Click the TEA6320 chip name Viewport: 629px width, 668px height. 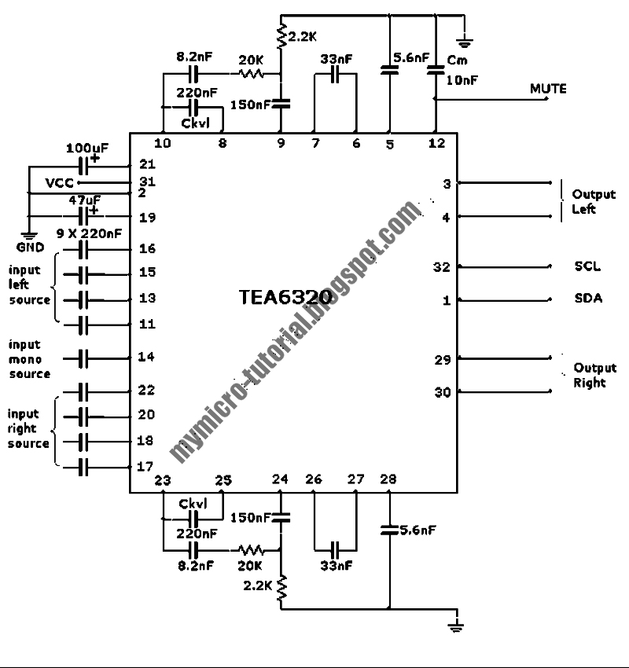tap(285, 299)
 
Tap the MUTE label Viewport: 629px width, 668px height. tap(548, 89)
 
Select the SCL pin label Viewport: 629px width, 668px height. tap(587, 266)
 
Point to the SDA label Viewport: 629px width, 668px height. tap(587, 299)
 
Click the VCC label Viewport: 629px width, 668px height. tap(58, 182)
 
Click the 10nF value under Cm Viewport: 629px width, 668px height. tap(462, 79)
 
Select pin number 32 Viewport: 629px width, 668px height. tap(442, 266)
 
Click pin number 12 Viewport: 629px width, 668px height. tap(437, 143)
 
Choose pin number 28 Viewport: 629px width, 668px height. tap(388, 479)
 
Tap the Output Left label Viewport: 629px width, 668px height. tap(594, 202)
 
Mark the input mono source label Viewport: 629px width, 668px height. tap(29, 359)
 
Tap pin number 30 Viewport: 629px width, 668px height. tap(442, 391)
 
